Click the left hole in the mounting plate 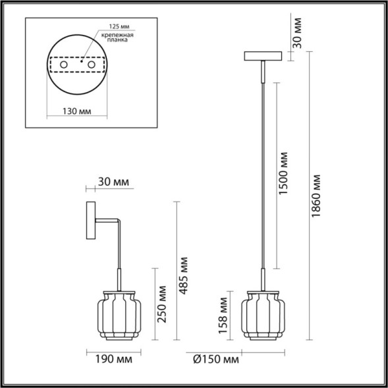point(64,66)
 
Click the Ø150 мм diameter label point(217,359)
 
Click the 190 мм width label point(109,359)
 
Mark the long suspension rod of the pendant point(265,171)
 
